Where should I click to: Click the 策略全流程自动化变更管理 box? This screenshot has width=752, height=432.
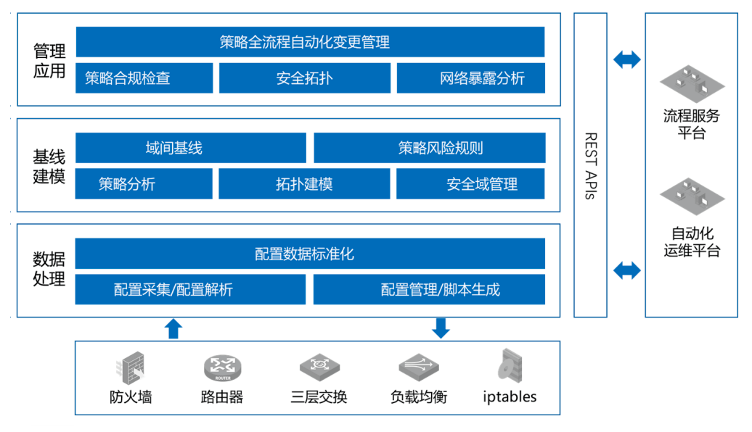coord(310,42)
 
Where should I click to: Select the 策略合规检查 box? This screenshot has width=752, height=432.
coord(144,78)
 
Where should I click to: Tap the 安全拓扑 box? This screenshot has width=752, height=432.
coord(304,78)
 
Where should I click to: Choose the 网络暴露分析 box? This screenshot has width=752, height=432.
coord(471,78)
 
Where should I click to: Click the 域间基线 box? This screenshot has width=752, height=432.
coord(190,148)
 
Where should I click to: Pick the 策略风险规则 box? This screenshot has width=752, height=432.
coord(429,148)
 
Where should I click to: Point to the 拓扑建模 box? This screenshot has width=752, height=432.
coord(304,184)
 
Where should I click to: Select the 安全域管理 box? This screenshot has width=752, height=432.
coord(471,184)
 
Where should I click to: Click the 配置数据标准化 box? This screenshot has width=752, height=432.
coord(310,254)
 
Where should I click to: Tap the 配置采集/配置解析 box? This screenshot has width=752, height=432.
coord(190,290)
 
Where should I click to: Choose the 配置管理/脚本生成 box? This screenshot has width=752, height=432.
coord(429,290)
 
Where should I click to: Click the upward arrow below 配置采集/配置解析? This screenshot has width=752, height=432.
coord(173,328)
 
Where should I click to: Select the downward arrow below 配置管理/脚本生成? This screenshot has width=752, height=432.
coord(441,328)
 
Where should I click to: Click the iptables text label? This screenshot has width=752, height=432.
coord(510,397)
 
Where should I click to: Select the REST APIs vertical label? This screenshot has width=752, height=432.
coord(590,165)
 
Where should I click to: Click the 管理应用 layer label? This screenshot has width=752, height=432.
coord(49,61)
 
